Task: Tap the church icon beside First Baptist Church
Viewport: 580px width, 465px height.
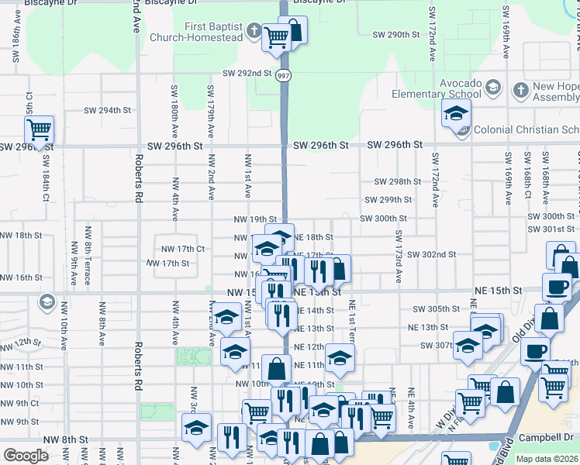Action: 253,32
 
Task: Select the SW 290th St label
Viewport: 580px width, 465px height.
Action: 395,35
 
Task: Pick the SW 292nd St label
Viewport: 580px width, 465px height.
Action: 247,74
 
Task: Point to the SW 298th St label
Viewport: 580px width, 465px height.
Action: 397,181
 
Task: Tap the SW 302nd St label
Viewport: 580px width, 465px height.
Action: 430,254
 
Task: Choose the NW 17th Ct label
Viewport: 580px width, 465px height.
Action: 182,249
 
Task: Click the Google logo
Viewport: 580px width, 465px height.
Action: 26,456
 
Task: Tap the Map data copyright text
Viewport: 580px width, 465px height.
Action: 547,459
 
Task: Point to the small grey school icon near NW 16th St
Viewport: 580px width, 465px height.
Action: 47,301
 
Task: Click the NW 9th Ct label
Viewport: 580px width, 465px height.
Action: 19,403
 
